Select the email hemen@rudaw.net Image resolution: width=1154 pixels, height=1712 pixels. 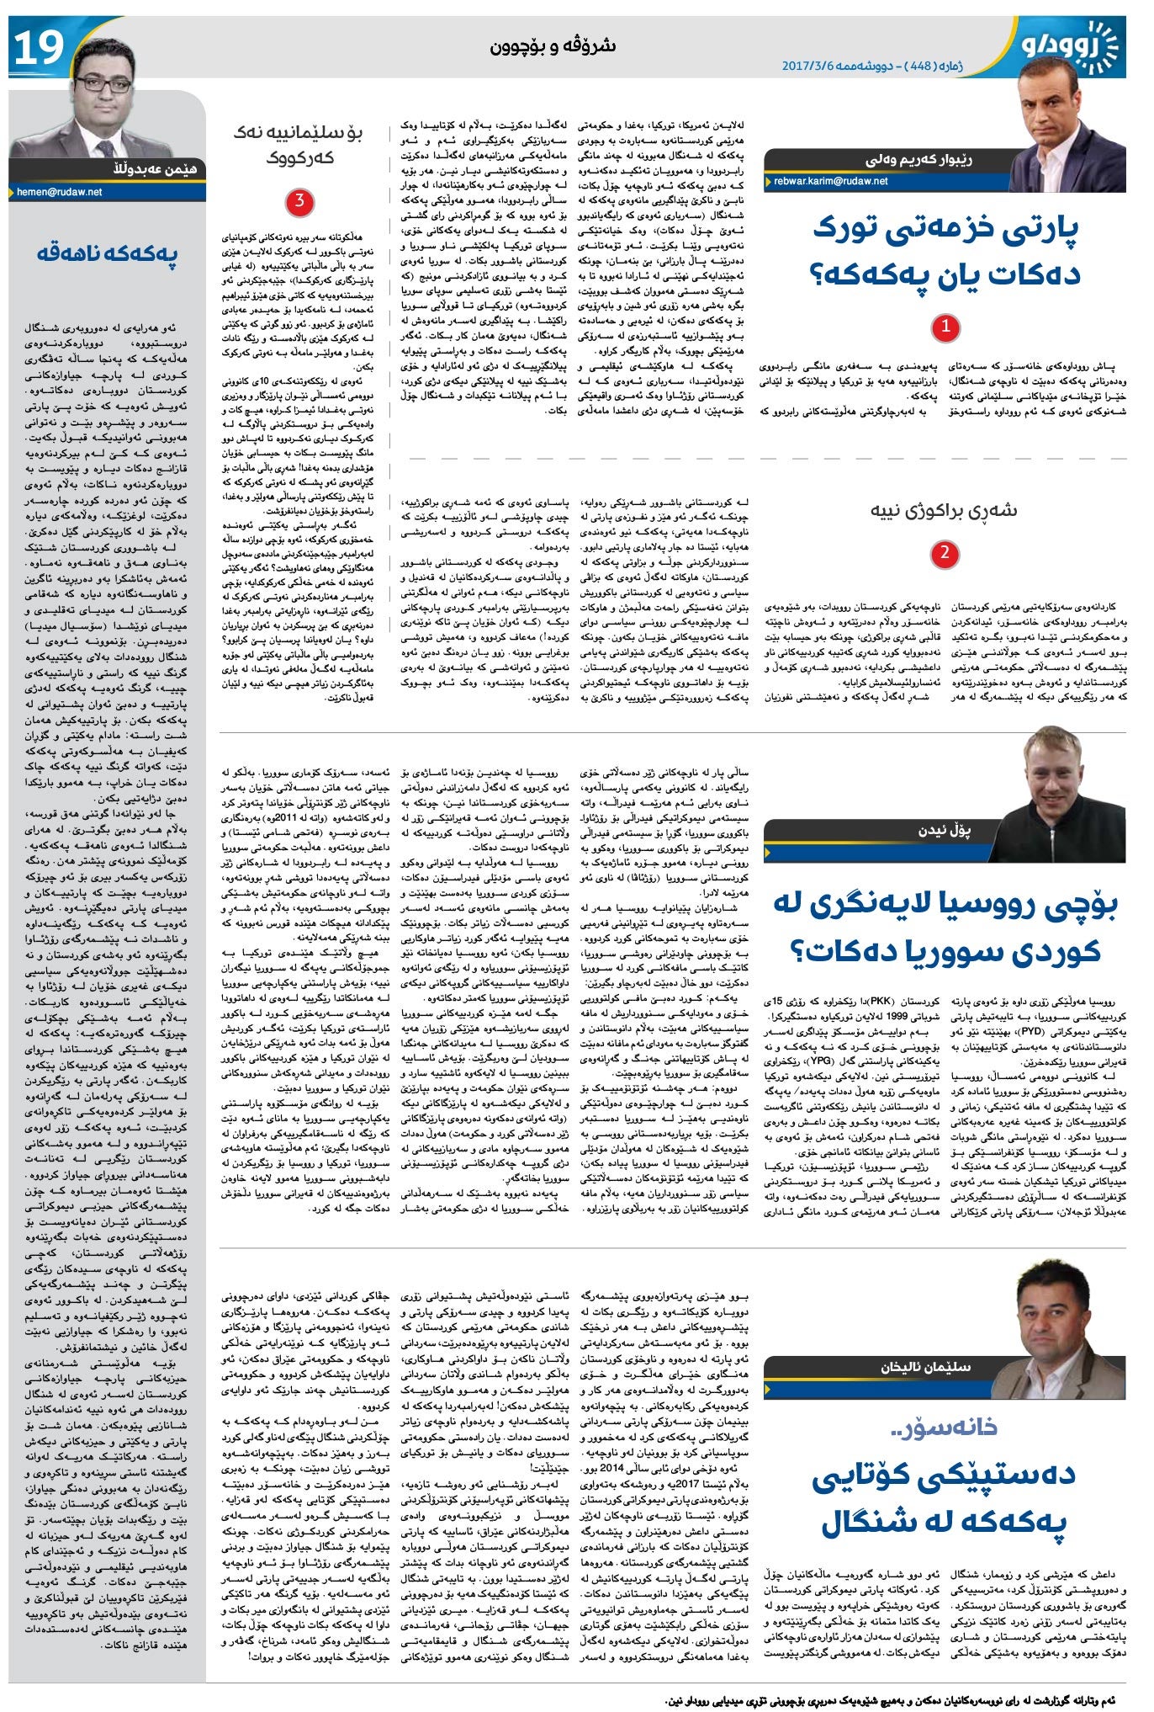click(x=60, y=192)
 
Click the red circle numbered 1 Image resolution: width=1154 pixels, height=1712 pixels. click(x=945, y=327)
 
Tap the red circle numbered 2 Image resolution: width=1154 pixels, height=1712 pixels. click(x=945, y=553)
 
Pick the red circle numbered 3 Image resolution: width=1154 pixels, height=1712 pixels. click(x=299, y=202)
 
